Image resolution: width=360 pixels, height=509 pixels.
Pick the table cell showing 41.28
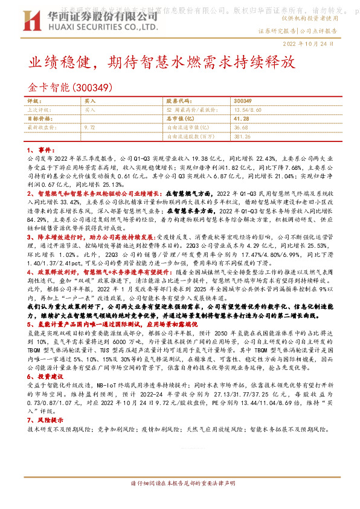point(242,119)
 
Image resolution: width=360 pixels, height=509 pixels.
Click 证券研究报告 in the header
point(277,30)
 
